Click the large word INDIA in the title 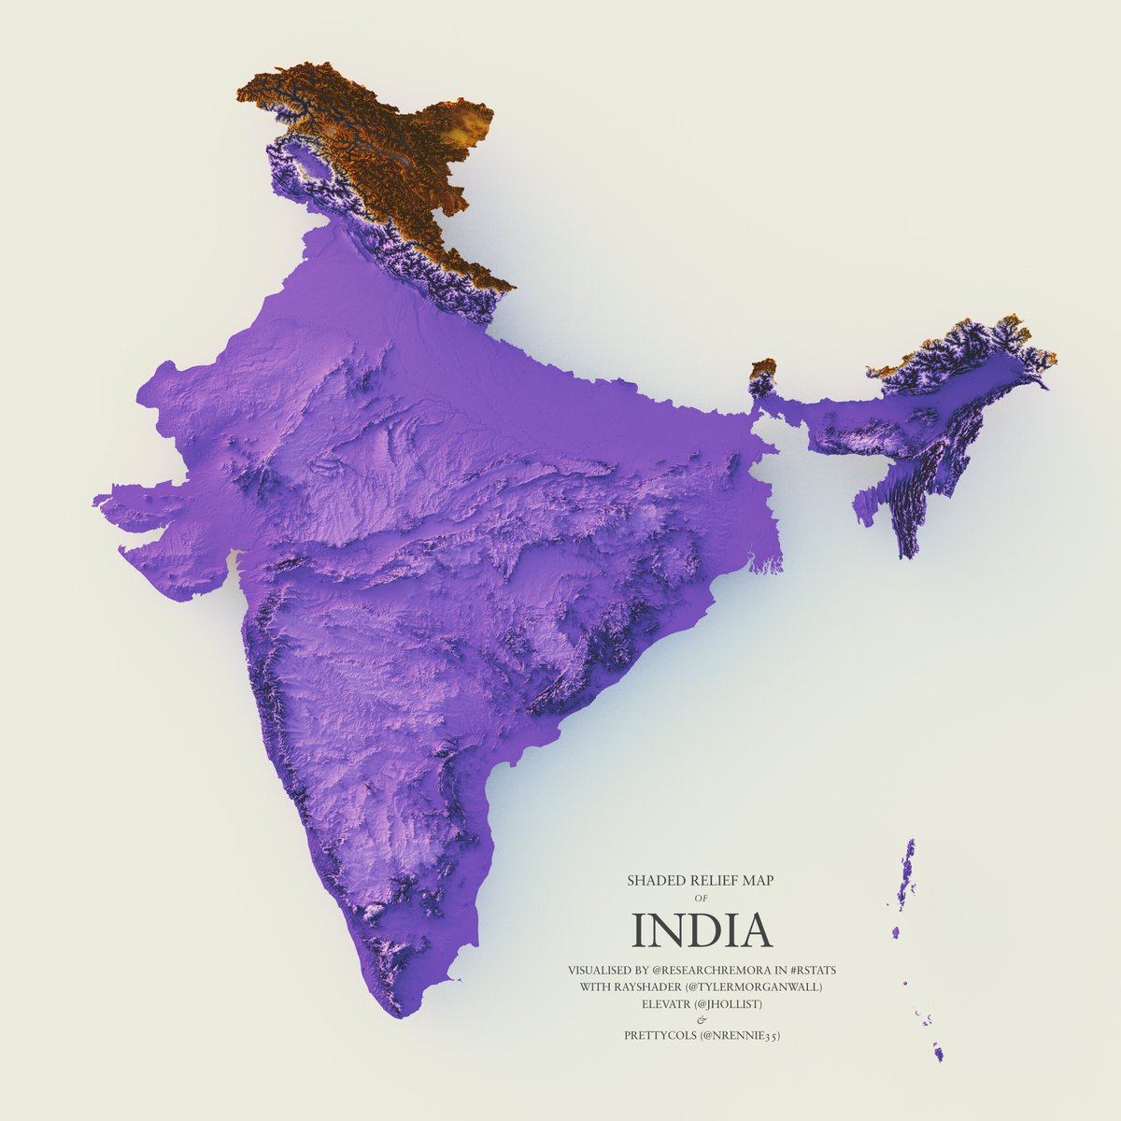click(702, 929)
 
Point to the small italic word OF click(702, 898)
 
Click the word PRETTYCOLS click(660, 1035)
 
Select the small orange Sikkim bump click(764, 368)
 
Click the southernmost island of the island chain click(939, 1053)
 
